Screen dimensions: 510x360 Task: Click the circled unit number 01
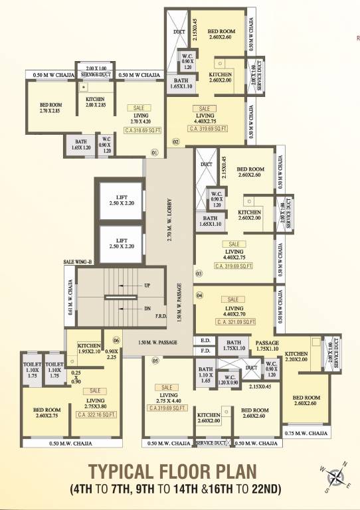(154, 152)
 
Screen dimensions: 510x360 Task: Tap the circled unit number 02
(176, 141)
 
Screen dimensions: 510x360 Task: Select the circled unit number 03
(198, 273)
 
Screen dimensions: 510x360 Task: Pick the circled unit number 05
(156, 361)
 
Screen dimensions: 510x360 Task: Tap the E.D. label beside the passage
(205, 340)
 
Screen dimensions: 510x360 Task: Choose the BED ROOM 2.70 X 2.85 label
(51, 107)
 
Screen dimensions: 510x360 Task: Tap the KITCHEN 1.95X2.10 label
(89, 348)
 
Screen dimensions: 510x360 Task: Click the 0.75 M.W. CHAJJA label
(306, 433)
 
